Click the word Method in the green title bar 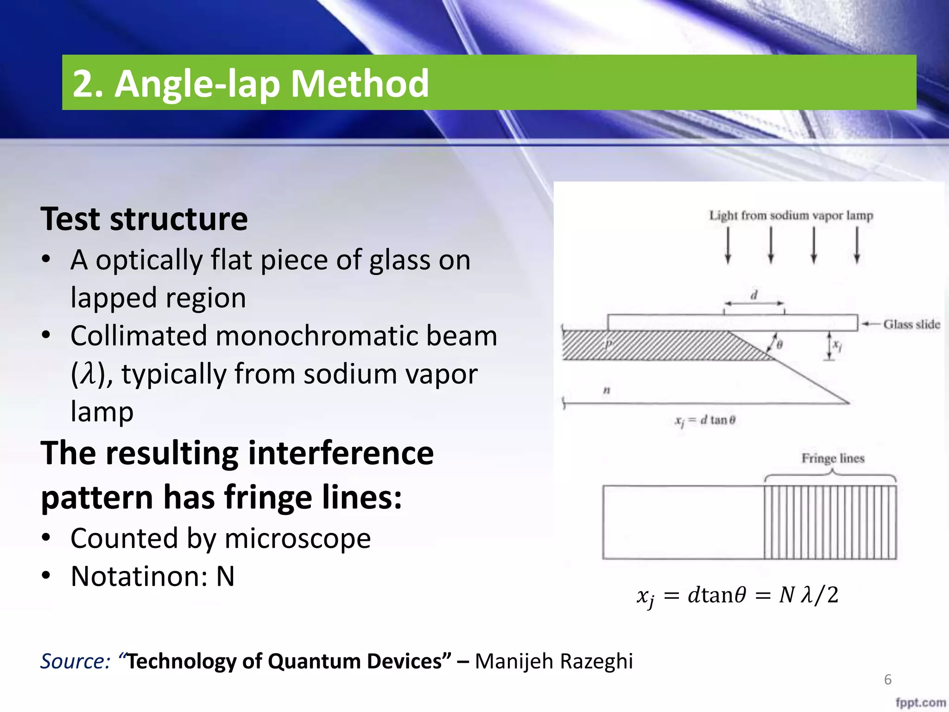(360, 83)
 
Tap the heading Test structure (144, 219)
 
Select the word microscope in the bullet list (297, 539)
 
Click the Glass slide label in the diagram (911, 324)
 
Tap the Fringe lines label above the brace (833, 458)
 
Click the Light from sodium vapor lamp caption (791, 216)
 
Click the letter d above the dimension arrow (754, 295)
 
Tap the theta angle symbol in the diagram (779, 345)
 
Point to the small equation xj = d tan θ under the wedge (705, 420)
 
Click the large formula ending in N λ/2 (737, 596)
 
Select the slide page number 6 (887, 680)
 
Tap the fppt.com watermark (920, 703)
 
